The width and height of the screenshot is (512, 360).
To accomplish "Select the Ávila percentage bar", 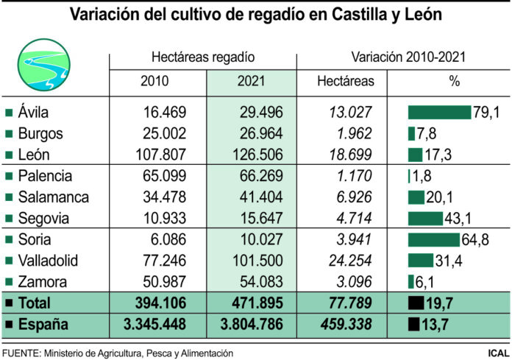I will [439, 112].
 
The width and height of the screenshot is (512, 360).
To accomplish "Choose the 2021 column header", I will [251, 81].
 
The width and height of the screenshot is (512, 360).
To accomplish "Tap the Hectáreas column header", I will [345, 81].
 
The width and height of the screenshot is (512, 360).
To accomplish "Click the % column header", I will [454, 81].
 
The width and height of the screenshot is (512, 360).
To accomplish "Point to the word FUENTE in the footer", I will [23, 353].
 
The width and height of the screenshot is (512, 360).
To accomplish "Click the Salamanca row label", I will [52, 197].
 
